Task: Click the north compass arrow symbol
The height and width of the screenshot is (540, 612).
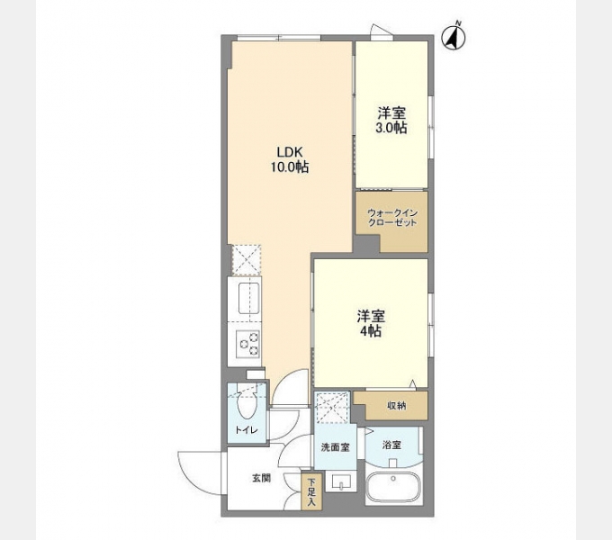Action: click(x=454, y=38)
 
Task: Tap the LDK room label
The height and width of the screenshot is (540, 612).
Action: click(x=290, y=151)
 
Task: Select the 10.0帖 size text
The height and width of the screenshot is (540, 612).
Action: click(x=290, y=167)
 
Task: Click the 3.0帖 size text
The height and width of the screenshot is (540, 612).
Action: click(x=391, y=128)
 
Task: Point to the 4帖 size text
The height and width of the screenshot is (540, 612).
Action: click(x=371, y=331)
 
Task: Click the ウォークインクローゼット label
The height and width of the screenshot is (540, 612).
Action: click(x=392, y=218)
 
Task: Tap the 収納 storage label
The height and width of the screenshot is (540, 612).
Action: click(x=397, y=406)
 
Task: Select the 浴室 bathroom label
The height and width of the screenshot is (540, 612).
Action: click(x=391, y=445)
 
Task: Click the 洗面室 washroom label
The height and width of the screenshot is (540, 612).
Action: click(x=336, y=447)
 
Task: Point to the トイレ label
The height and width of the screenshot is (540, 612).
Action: click(x=247, y=430)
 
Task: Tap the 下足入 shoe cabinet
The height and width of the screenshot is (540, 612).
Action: click(x=311, y=491)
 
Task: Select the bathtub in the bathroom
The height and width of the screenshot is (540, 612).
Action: click(x=394, y=488)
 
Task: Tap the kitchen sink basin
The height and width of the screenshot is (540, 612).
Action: click(x=249, y=299)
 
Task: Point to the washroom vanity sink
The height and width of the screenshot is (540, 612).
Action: click(x=341, y=481)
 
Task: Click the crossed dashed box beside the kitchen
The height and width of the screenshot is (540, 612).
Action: click(x=247, y=260)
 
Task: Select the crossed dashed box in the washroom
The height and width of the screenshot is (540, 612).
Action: click(x=332, y=408)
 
